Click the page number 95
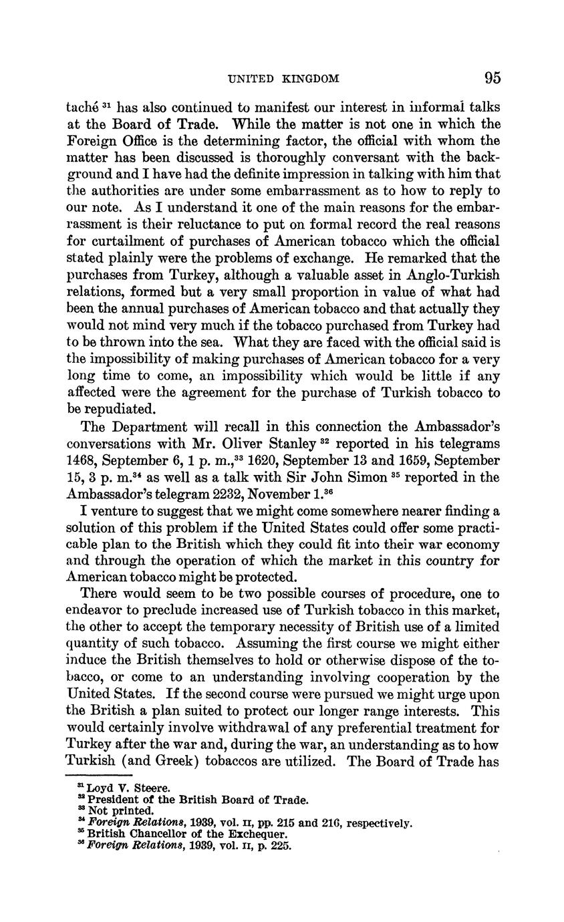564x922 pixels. pyautogui.click(x=492, y=78)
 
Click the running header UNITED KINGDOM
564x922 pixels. pyautogui.click(x=283, y=79)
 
